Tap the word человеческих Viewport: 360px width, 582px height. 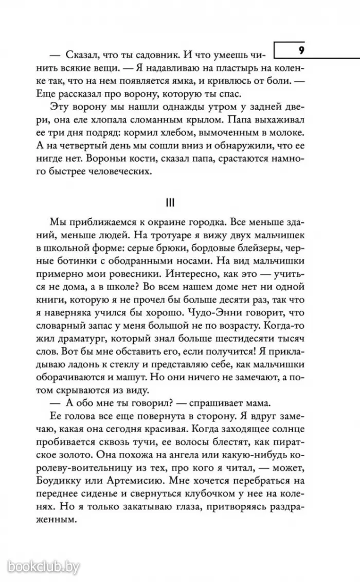click(x=121, y=173)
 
